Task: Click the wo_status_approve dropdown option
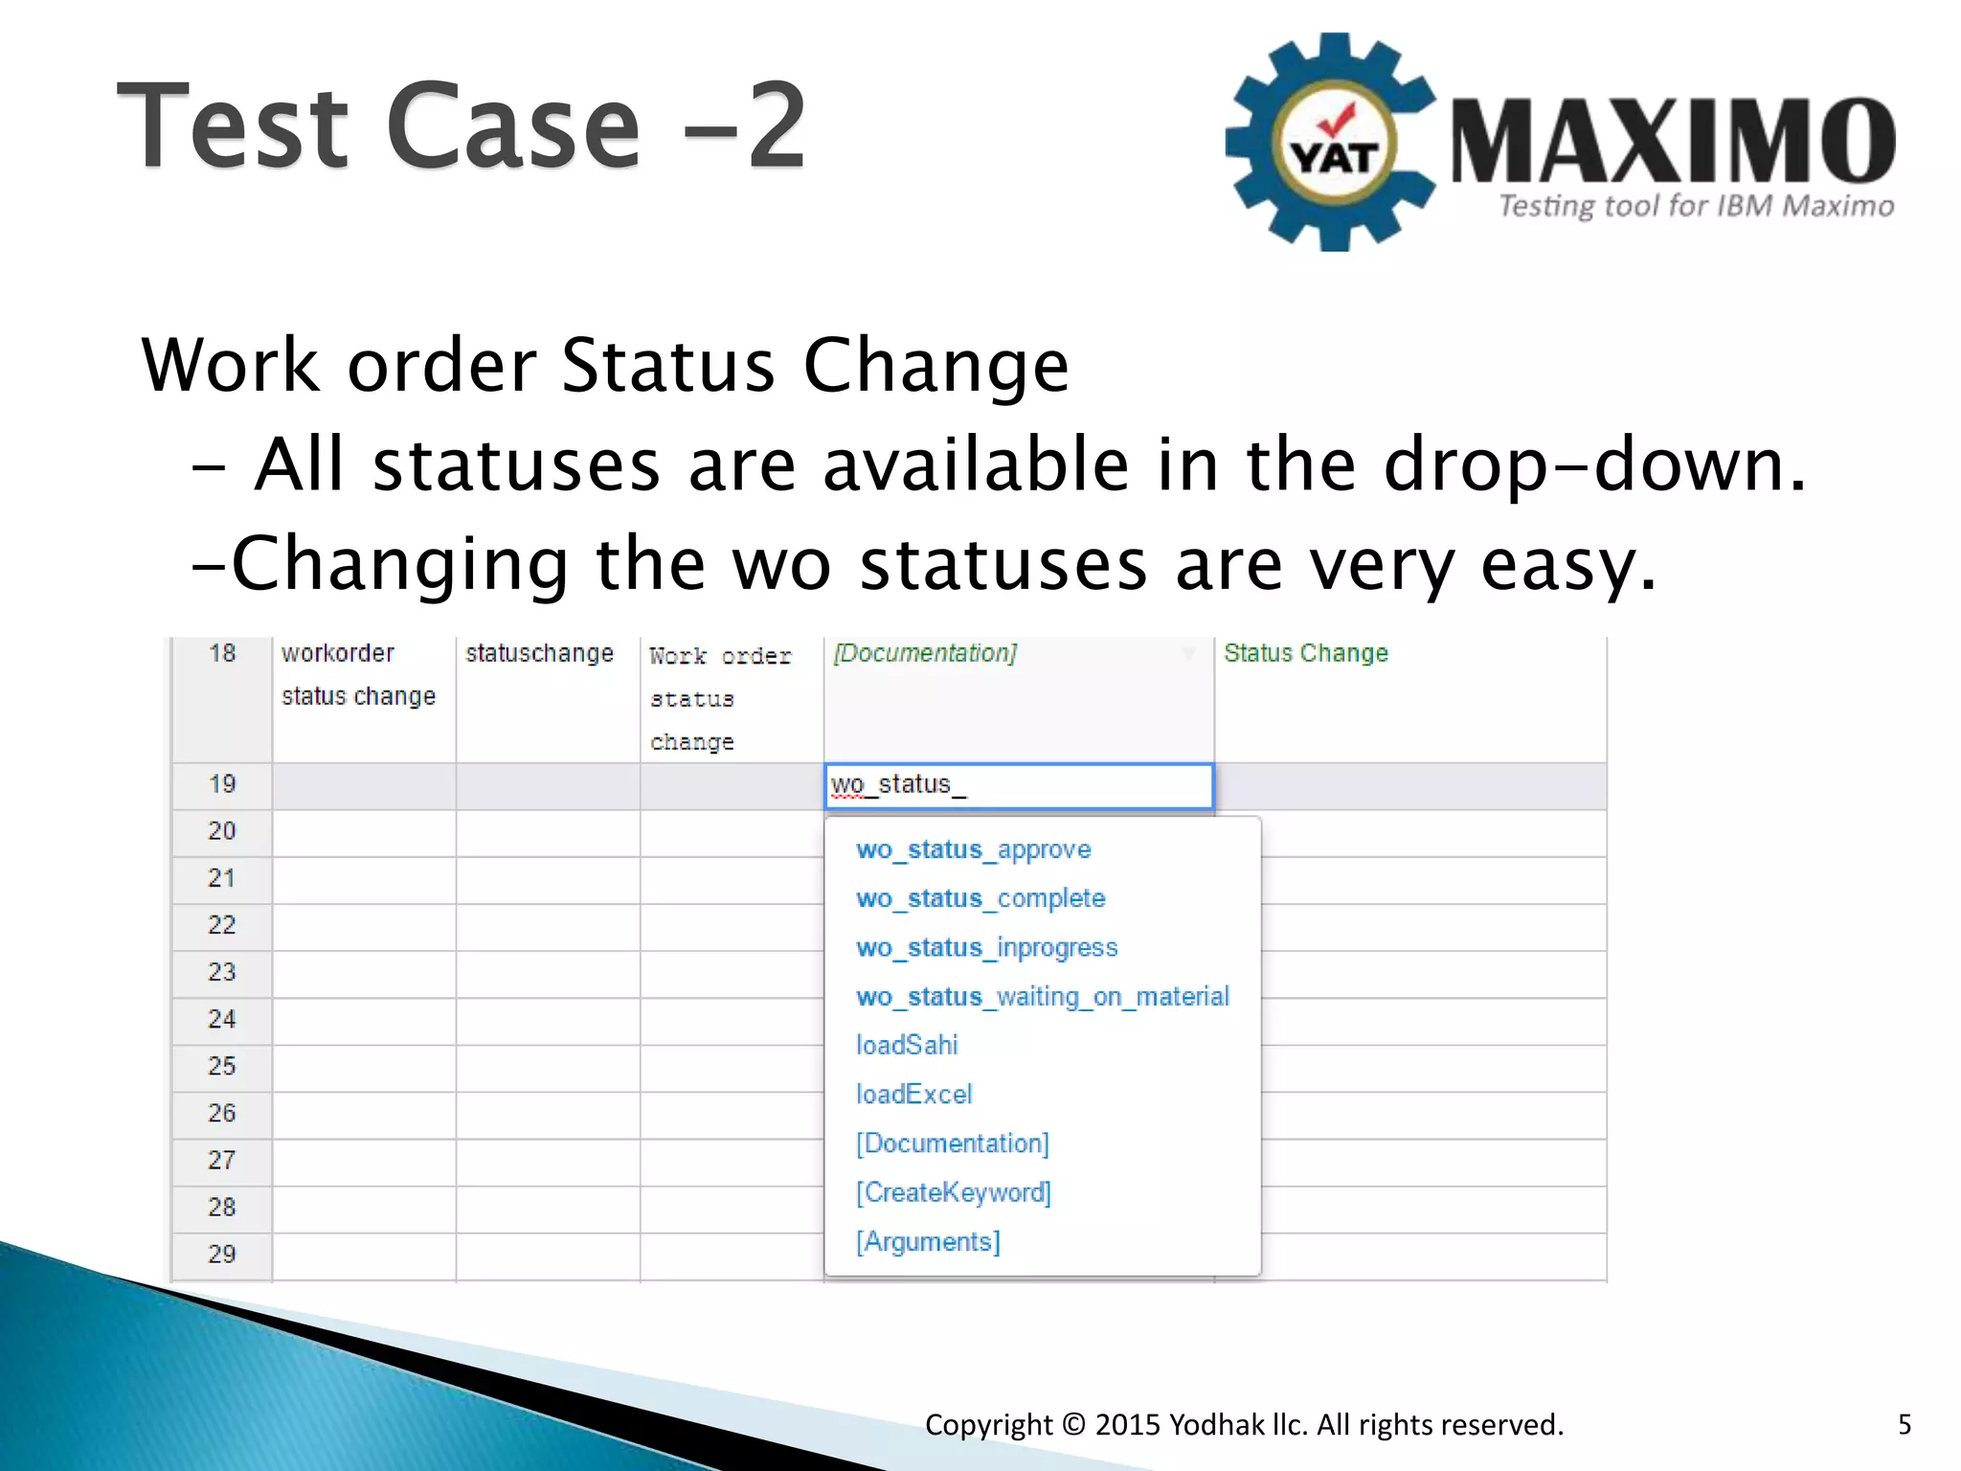click(x=973, y=849)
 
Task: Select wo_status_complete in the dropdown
click(x=980, y=898)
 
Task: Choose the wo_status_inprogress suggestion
click(x=986, y=947)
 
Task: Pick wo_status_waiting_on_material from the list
click(x=1042, y=996)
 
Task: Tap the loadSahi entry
click(x=906, y=1045)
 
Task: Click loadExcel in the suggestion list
click(x=913, y=1094)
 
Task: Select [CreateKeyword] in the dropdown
click(x=953, y=1192)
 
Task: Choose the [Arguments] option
click(x=928, y=1241)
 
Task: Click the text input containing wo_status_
click(x=1019, y=785)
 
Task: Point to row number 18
click(x=222, y=653)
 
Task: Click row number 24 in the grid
click(x=222, y=1019)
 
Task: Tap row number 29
click(x=222, y=1254)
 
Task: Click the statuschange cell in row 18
click(x=539, y=653)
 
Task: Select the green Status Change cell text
click(x=1305, y=653)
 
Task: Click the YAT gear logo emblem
click(x=1332, y=144)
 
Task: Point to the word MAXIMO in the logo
click(x=1672, y=142)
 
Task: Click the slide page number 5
click(x=1905, y=1424)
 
